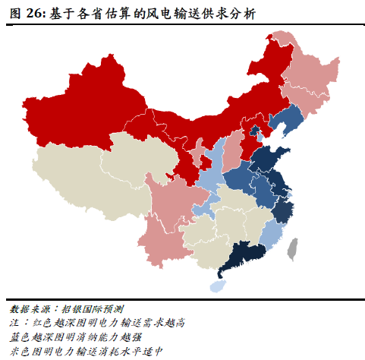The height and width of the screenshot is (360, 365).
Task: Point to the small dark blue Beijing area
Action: [x=256, y=132]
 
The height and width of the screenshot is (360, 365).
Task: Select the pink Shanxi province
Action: [x=233, y=149]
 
